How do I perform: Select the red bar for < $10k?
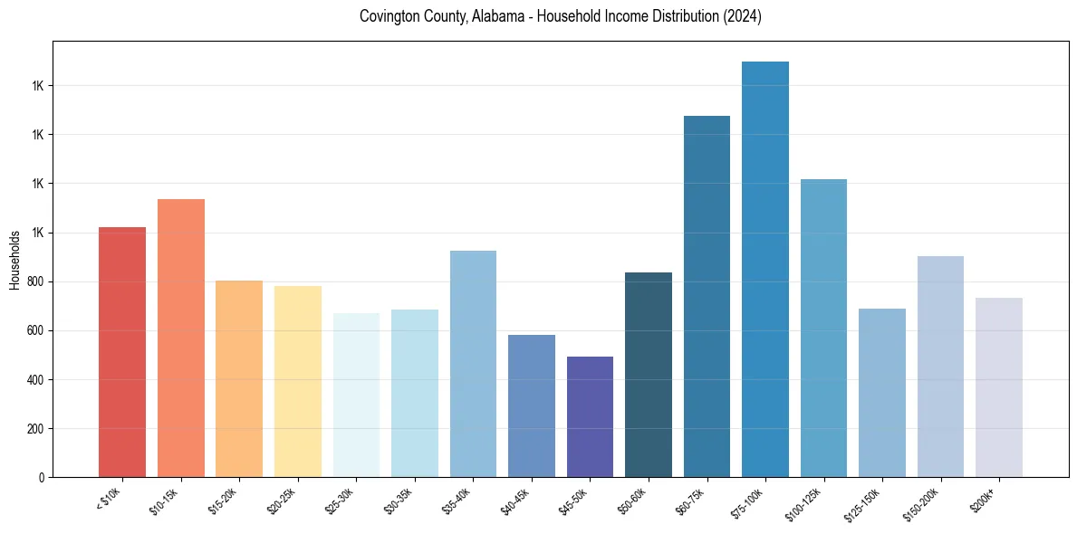pos(122,352)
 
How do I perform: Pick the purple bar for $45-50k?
pos(590,416)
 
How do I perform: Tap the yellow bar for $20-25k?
pos(298,381)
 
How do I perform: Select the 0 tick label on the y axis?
pos(42,478)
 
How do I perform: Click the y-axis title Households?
pos(15,260)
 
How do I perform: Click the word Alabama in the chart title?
pos(497,16)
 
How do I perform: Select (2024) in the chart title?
pos(740,16)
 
